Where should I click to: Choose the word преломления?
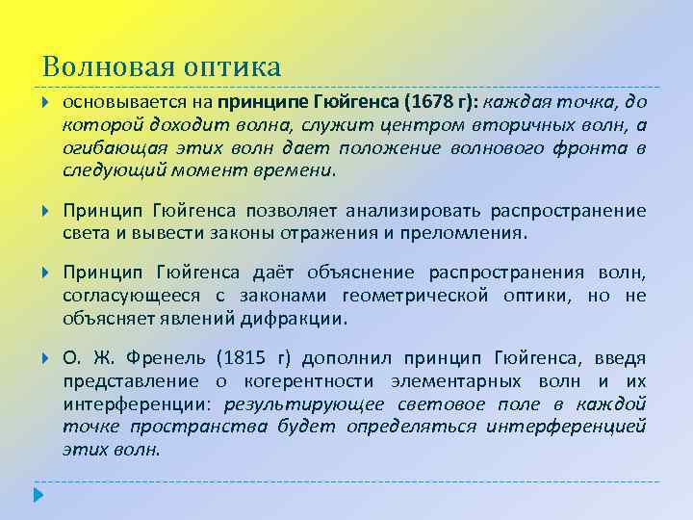[472, 233]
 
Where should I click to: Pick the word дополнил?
[338, 359]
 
